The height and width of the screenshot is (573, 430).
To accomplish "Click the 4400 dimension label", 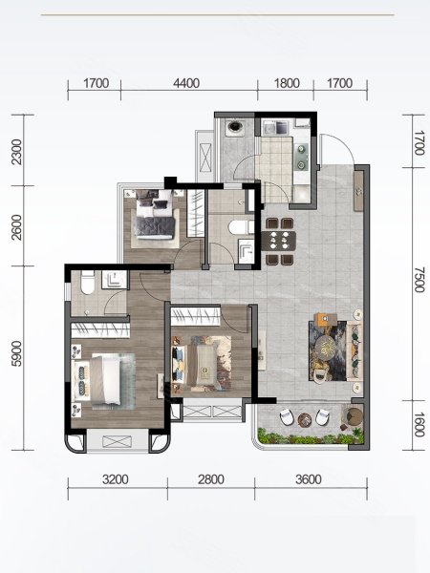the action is coord(186,83).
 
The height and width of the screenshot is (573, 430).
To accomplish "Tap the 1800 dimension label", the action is coord(287,83).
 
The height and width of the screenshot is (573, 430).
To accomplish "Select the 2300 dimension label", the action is coord(16,152).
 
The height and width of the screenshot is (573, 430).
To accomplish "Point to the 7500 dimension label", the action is coord(419,280).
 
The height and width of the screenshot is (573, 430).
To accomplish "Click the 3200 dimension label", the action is coord(116,479).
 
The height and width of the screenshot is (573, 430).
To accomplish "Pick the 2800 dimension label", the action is coord(211,479).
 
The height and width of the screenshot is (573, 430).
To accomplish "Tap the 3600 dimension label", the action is coord(309,479).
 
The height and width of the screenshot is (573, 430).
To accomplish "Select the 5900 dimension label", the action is coord(16,353).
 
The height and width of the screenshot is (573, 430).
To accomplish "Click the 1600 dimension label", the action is coord(419,424).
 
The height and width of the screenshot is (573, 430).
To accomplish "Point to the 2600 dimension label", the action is coord(16,227).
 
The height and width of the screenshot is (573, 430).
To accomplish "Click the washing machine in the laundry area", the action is coord(234,127).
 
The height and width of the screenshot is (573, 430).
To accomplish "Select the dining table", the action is coord(278,241).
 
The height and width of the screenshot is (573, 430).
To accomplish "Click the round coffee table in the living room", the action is coord(326,346).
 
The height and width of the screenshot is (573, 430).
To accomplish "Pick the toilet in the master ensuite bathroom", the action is coord(88,283).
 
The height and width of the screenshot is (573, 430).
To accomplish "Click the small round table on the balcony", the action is coord(304,419).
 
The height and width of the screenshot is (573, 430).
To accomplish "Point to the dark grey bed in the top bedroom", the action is coord(155,215).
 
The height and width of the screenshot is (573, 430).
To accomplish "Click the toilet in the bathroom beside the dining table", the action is coord(242,227).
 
